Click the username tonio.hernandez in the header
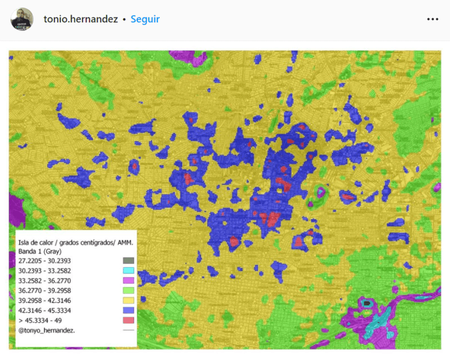[80, 19]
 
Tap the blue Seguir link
[145, 19]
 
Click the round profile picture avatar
[22, 19]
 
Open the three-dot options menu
[432, 19]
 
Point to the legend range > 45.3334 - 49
[40, 320]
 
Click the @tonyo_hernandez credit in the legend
[47, 330]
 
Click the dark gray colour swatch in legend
[128, 261]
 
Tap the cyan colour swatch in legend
[128, 271]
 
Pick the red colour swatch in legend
[128, 320]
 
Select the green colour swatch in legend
[128, 290]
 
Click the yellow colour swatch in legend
[128, 300]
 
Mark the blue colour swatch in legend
[128, 310]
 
